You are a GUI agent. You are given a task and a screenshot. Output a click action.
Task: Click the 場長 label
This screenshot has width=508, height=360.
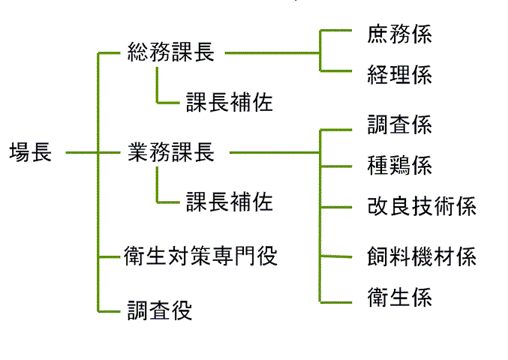click(x=30, y=153)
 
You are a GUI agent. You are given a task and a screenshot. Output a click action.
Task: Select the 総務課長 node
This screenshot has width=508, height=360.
click(x=170, y=52)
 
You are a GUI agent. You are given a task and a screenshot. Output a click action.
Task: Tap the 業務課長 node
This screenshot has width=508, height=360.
click(x=170, y=152)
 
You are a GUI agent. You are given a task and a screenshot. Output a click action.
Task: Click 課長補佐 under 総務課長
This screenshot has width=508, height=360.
click(x=229, y=102)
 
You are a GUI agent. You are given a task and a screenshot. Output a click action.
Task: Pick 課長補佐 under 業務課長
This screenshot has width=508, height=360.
click(x=229, y=202)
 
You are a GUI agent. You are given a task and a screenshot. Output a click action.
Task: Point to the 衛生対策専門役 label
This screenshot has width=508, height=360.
click(x=200, y=256)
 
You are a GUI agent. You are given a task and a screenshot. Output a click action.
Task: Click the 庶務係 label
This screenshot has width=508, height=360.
click(x=400, y=34)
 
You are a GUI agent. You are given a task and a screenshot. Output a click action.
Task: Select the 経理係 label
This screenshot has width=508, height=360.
click(x=400, y=74)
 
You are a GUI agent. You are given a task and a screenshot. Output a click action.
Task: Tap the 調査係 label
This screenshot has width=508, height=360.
click(x=400, y=124)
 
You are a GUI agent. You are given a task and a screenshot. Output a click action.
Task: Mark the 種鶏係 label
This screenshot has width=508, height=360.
click(x=400, y=165)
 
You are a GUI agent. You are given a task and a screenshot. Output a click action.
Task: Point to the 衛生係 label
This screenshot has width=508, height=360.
click(x=400, y=298)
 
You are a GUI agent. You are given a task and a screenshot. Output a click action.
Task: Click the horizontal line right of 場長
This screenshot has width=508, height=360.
click(x=81, y=153)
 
